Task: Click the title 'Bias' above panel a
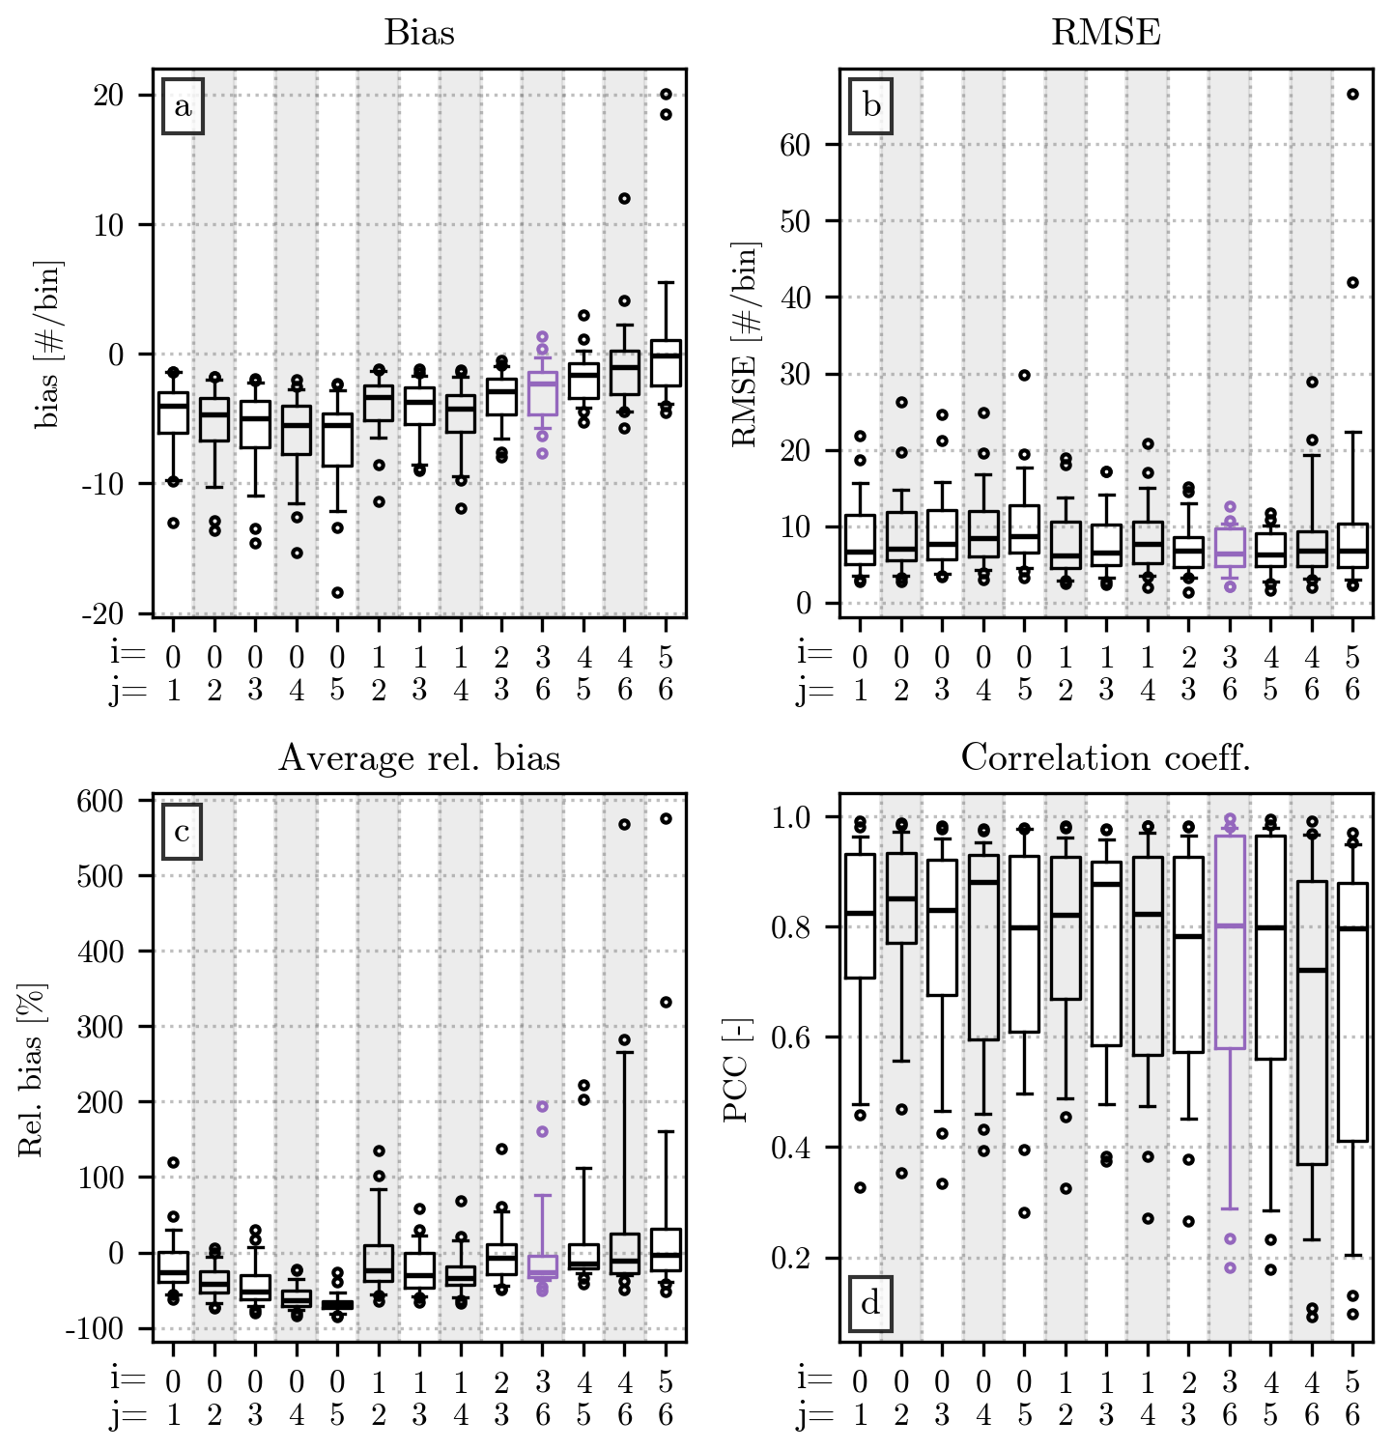pyautogui.click(x=419, y=33)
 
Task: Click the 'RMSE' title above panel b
pyautogui.click(x=1105, y=33)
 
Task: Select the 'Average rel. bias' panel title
pyautogui.click(x=419, y=758)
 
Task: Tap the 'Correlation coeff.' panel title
pyautogui.click(x=1105, y=758)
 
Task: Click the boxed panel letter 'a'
pyautogui.click(x=183, y=106)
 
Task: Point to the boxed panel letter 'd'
pyautogui.click(x=870, y=1304)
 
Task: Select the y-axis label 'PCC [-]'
pyautogui.click(x=736, y=1069)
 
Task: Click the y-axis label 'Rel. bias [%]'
pyautogui.click(x=30, y=1069)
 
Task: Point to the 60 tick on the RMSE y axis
pyautogui.click(x=795, y=145)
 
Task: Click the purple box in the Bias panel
pyautogui.click(x=543, y=393)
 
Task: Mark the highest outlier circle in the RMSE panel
pyautogui.click(x=1352, y=94)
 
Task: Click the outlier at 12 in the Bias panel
pyautogui.click(x=624, y=198)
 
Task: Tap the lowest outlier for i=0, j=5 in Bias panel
pyautogui.click(x=337, y=592)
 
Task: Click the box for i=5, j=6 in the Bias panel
pyautogui.click(x=666, y=362)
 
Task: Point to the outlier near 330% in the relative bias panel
pyautogui.click(x=666, y=1002)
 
